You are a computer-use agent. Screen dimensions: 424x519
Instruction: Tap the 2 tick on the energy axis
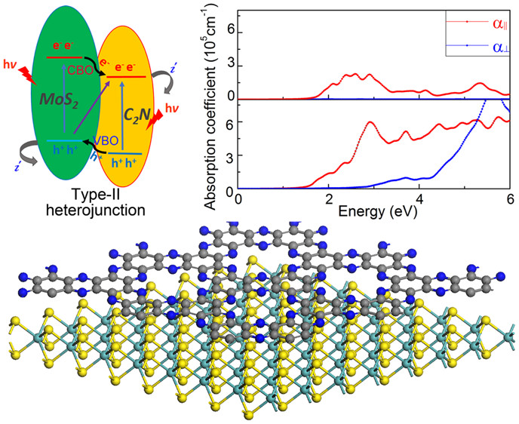pyautogui.click(x=329, y=198)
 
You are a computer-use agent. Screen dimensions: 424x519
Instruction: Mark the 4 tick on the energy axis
pyautogui.click(x=419, y=198)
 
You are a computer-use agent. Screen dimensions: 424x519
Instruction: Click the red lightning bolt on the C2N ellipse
pyautogui.click(x=159, y=121)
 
